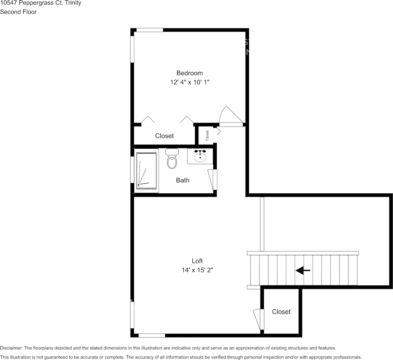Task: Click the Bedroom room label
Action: click(x=189, y=73)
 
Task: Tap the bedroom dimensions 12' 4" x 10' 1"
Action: click(x=189, y=82)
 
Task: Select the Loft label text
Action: click(x=197, y=261)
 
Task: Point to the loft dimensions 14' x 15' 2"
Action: click(x=197, y=270)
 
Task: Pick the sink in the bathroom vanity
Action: click(x=200, y=156)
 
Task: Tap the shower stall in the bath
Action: click(x=147, y=170)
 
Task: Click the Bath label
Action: click(x=182, y=180)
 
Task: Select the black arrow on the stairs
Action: click(x=303, y=271)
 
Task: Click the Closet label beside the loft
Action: click(x=281, y=312)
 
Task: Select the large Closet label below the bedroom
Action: click(x=164, y=136)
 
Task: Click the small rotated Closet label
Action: click(x=207, y=135)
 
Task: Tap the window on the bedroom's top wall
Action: click(x=150, y=30)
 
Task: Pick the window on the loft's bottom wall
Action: click(x=152, y=335)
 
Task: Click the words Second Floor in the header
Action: click(x=18, y=12)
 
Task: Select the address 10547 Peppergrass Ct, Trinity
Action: click(x=40, y=3)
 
